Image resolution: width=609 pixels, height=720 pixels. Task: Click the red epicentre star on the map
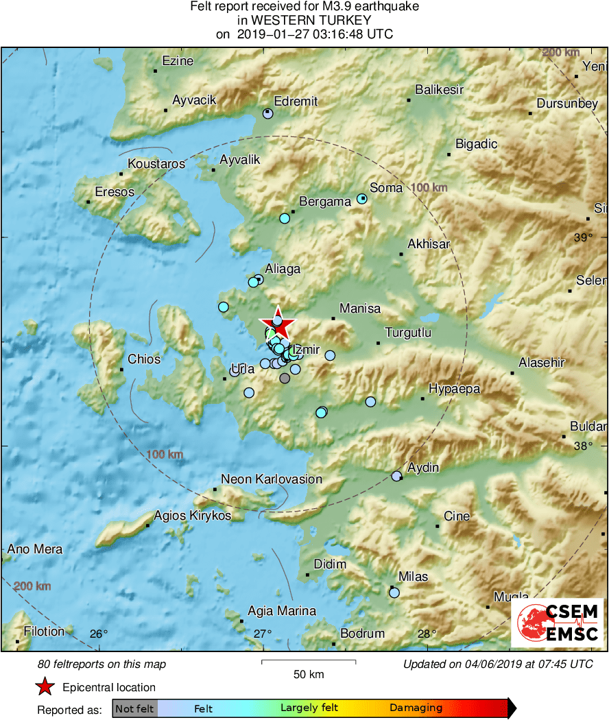[x=278, y=326]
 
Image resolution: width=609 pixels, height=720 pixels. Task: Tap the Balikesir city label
[x=440, y=90]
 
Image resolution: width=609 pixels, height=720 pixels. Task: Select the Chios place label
[x=144, y=359]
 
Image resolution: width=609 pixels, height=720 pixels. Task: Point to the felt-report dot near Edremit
[x=268, y=114]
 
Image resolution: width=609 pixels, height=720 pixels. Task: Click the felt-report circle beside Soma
[x=363, y=200]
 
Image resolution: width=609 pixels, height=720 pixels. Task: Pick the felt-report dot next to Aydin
[x=396, y=476]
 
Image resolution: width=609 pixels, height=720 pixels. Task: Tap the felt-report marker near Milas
[x=394, y=592]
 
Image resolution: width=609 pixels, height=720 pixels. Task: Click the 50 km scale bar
[x=309, y=662]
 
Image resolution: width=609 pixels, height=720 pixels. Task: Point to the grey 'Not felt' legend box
[x=134, y=708]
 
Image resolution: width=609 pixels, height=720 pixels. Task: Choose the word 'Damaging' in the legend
[x=416, y=708]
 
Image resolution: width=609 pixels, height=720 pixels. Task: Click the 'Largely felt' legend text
[x=309, y=708]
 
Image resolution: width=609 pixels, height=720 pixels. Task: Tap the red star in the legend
[x=45, y=687]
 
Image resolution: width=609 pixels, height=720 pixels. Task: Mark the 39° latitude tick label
[x=582, y=238]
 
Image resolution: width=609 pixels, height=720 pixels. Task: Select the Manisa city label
[x=360, y=309]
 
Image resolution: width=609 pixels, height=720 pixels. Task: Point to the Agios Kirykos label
[x=193, y=516]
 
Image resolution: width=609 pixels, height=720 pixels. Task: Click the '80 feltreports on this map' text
[x=102, y=664]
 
